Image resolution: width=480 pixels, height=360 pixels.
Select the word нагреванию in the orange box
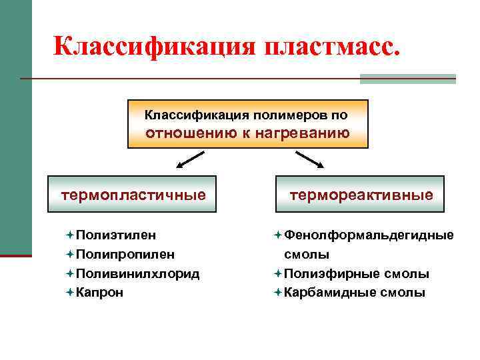[x=309, y=132]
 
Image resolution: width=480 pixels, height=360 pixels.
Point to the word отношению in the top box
[x=189, y=132]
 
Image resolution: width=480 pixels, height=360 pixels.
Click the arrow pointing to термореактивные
[x=309, y=160]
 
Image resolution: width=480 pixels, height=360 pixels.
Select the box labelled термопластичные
[x=133, y=194]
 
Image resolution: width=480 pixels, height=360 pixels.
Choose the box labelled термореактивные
[x=360, y=194]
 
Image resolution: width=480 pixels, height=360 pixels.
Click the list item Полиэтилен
[x=116, y=235]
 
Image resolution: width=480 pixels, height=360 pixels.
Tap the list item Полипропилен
[x=125, y=254]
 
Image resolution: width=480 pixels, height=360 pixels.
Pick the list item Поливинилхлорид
[x=137, y=273]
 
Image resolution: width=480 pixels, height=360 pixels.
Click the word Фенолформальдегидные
[x=369, y=235]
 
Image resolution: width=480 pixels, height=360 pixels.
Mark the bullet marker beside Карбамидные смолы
[x=277, y=292]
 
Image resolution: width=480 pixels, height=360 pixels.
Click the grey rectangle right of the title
[x=407, y=79]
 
